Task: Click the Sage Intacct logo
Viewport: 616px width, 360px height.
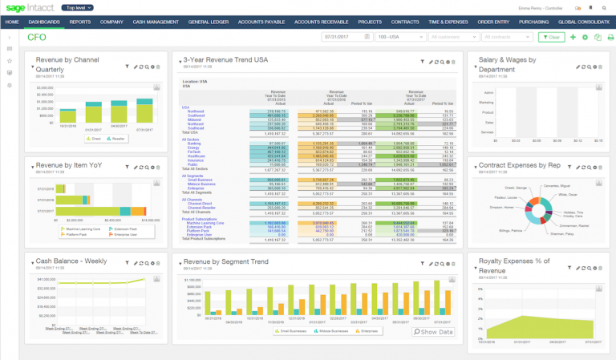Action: [30, 7]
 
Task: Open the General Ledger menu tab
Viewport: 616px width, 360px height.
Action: [209, 22]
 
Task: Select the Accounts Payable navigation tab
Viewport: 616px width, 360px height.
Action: [261, 22]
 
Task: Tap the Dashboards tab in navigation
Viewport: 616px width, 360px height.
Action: [44, 22]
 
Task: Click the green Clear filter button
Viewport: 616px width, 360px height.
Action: [551, 37]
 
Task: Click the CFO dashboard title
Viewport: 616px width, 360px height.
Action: [37, 37]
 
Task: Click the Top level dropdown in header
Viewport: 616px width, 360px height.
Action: [81, 7]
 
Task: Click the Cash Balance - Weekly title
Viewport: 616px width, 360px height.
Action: [71, 261]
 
